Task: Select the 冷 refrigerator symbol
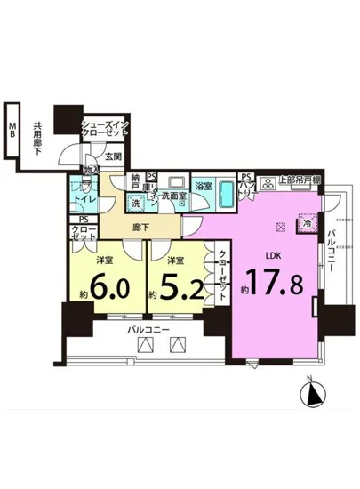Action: coord(308,223)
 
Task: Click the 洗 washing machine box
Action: coord(136,203)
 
